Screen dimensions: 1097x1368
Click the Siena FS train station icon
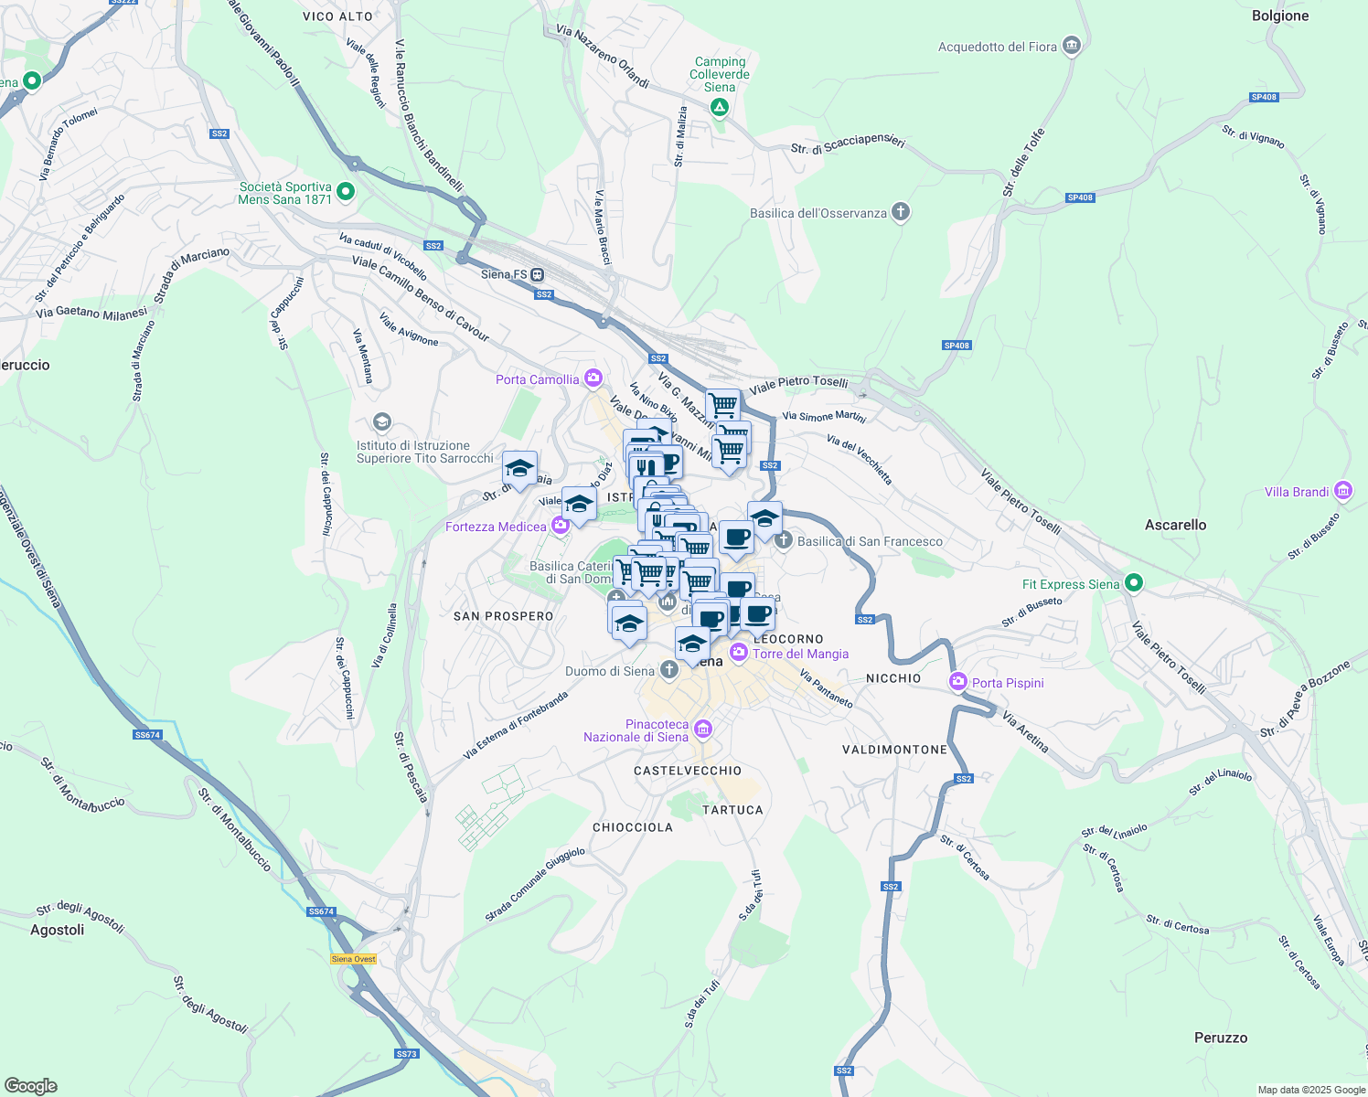point(538,274)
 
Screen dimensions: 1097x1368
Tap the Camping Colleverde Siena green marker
point(720,108)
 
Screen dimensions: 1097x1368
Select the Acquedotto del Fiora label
point(997,47)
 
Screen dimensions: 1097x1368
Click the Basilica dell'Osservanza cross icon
point(901,213)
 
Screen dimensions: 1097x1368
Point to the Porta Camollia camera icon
point(593,378)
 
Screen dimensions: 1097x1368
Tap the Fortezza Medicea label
point(496,527)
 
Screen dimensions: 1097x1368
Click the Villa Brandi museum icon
point(1342,491)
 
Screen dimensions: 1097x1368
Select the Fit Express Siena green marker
point(1134,582)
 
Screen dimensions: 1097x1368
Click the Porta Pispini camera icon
point(958,682)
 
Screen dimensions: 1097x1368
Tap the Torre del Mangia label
point(800,654)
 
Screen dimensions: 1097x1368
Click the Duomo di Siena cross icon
point(669,671)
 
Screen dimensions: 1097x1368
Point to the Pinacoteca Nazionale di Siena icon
point(703,729)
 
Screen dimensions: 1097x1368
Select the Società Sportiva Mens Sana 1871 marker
point(346,192)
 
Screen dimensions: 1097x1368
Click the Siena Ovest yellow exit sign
point(353,959)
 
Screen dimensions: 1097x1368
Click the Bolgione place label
point(1279,16)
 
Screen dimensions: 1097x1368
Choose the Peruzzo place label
point(1220,1038)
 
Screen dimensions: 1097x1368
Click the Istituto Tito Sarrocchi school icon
point(382,421)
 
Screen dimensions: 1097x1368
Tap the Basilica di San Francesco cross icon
point(784,540)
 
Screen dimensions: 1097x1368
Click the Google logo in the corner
point(31,1086)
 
